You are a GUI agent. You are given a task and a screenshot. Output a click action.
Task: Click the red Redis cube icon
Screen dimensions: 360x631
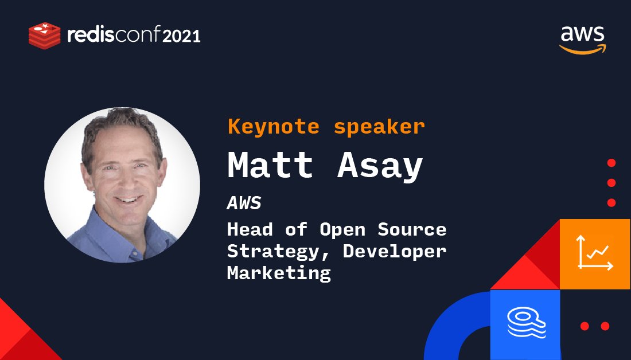(x=44, y=35)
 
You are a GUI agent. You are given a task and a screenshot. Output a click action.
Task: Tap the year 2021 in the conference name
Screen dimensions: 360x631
(x=181, y=36)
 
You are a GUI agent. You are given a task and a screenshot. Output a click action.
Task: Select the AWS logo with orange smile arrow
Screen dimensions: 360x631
(x=582, y=40)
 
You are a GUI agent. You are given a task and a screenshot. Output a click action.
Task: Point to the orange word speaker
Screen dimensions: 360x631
(x=379, y=127)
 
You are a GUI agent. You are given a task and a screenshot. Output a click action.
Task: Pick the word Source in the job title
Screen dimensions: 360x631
(x=411, y=229)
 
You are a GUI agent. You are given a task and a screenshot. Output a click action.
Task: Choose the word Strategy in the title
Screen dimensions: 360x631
(x=270, y=251)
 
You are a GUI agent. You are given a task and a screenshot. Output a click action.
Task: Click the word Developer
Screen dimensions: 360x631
(x=395, y=251)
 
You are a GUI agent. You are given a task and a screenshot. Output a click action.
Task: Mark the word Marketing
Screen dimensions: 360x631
(x=279, y=273)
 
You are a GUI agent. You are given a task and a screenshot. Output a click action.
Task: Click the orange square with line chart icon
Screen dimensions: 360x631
(x=595, y=253)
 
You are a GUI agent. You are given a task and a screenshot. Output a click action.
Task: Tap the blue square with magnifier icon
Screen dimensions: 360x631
(x=525, y=324)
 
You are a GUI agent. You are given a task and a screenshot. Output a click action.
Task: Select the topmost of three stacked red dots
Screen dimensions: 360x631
(x=611, y=163)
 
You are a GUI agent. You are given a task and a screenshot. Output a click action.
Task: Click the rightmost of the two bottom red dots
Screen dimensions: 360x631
(x=605, y=326)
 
